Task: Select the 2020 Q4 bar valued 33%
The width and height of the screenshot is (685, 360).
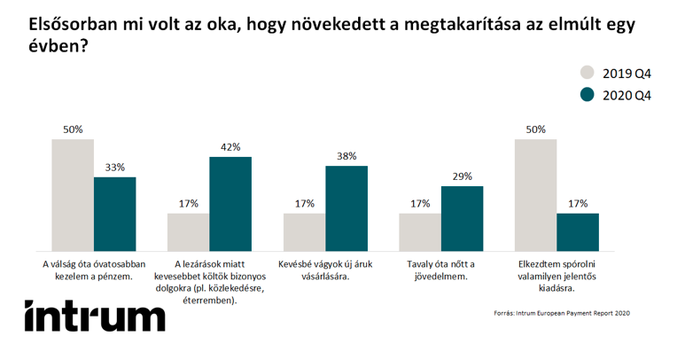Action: (115, 213)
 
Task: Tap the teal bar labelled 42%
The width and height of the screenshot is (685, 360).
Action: (230, 203)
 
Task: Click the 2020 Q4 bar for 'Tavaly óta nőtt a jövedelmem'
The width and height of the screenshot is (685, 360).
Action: (463, 217)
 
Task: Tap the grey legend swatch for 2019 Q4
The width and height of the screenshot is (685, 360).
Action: (588, 72)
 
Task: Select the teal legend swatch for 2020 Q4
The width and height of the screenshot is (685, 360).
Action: (588, 95)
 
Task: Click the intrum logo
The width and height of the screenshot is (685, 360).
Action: (95, 315)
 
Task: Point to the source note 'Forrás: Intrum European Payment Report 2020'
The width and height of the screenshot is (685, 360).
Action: (561, 313)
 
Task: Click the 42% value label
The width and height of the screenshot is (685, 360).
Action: (230, 148)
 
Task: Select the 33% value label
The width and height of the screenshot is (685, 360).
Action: (115, 168)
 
